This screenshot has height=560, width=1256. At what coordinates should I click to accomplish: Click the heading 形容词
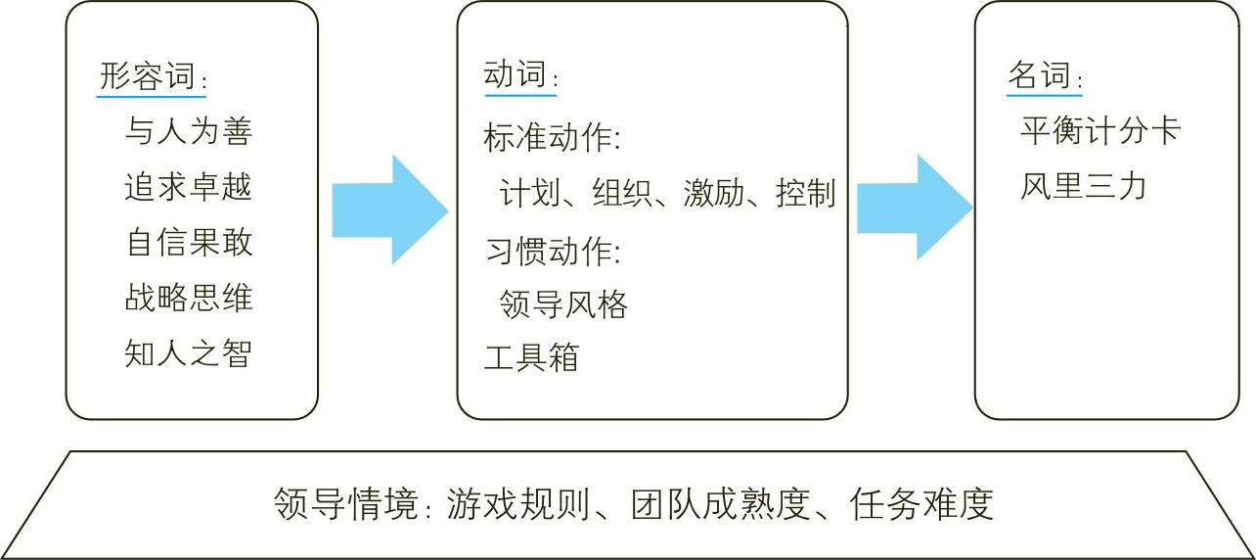(x=148, y=76)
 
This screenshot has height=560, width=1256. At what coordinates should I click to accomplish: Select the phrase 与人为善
(x=189, y=131)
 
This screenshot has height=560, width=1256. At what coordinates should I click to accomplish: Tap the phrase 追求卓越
(x=189, y=186)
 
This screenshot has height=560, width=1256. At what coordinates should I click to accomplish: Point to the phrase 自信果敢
(x=189, y=242)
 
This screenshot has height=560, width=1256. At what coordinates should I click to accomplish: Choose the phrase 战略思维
(x=189, y=298)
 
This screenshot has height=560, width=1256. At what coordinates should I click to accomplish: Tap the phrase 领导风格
(x=562, y=304)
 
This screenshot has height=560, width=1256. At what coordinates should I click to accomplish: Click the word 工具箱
(x=531, y=357)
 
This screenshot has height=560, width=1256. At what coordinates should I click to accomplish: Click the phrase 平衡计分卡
(x=1100, y=131)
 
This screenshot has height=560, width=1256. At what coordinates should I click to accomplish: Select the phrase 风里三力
(x=1083, y=186)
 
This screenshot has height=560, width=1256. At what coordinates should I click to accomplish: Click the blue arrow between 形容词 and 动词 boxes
(x=389, y=210)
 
